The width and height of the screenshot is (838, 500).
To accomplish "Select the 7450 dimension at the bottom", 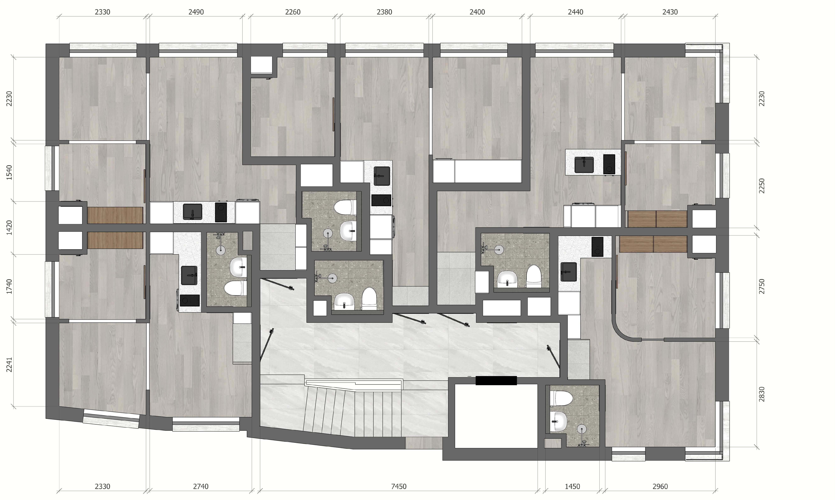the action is (399, 486).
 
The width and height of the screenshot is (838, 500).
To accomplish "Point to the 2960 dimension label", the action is (660, 486).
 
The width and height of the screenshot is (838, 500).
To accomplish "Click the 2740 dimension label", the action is (201, 486).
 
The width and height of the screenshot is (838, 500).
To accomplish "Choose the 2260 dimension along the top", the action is (293, 12).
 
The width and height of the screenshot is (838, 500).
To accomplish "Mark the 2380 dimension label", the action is (384, 12).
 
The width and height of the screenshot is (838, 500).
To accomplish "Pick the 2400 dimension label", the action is (477, 12).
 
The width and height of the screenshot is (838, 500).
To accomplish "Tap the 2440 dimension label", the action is (576, 12).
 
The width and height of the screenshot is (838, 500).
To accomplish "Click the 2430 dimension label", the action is (670, 12).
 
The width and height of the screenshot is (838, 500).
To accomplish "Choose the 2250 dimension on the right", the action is (762, 186).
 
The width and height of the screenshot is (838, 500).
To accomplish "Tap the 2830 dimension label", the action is (762, 394).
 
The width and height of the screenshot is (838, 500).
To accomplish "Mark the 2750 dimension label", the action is (762, 286).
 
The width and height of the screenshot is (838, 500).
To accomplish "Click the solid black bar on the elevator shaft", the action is (496, 380).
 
